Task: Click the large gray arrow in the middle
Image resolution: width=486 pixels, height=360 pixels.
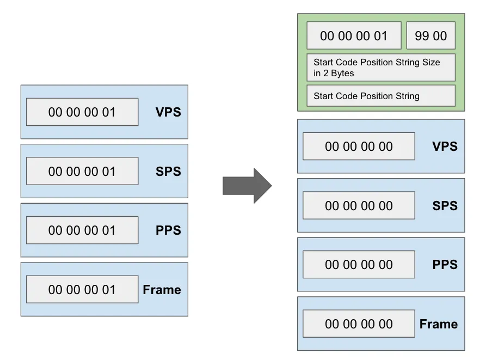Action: [247, 185]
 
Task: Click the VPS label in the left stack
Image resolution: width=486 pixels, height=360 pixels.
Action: [168, 112]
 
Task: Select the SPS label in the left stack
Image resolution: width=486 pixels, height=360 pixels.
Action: [168, 172]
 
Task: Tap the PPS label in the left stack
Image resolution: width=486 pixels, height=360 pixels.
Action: [168, 230]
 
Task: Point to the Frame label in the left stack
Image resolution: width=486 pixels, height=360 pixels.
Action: [162, 290]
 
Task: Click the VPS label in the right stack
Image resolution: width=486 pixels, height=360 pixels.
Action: [445, 147]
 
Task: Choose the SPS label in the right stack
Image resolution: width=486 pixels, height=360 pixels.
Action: [445, 206]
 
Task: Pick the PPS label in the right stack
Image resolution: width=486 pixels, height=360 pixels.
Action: [445, 265]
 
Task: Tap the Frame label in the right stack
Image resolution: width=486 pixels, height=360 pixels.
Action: [438, 324]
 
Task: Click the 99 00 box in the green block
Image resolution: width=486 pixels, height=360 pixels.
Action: [430, 36]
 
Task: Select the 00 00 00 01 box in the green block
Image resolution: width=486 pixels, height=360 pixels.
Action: [354, 36]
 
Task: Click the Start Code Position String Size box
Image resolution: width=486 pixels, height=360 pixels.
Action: [380, 68]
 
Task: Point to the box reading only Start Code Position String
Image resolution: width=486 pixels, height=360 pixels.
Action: [380, 96]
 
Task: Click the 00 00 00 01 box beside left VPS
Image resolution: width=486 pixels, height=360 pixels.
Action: [82, 112]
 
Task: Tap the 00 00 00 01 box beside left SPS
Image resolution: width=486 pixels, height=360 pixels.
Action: [82, 172]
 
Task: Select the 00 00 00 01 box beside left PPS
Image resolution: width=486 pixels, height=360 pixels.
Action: [82, 230]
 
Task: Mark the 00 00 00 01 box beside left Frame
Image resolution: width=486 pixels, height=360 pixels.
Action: [82, 290]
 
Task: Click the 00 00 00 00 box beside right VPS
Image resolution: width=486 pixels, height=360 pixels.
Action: [359, 147]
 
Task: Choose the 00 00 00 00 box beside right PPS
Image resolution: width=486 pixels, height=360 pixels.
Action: [359, 265]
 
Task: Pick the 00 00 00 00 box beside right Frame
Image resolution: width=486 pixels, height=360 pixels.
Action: [359, 324]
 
